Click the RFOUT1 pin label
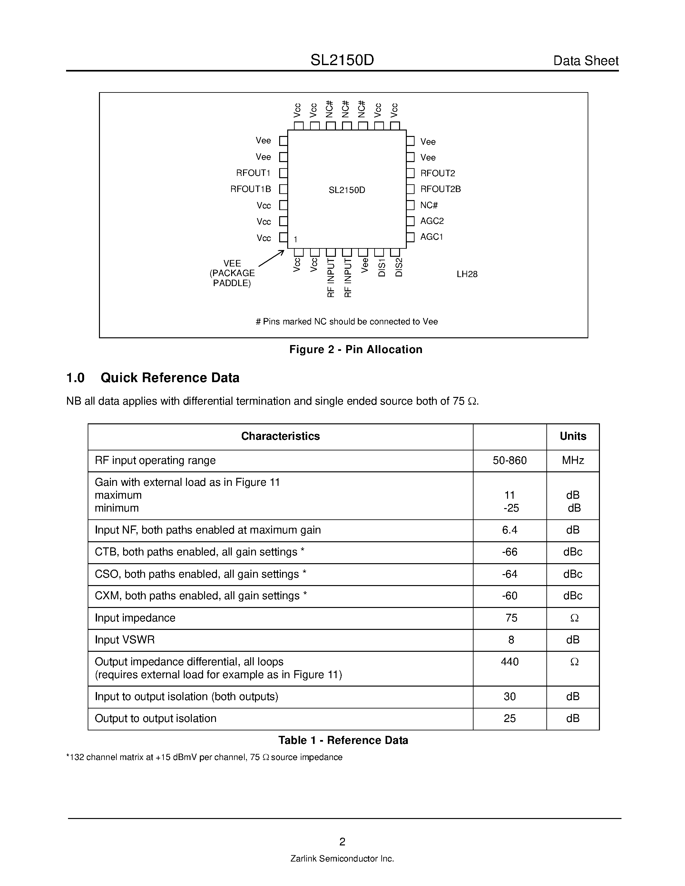click(253, 173)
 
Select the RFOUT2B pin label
click(440, 189)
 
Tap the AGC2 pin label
click(432, 221)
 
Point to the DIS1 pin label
click(381, 268)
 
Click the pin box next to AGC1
click(410, 237)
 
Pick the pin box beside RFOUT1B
click(284, 189)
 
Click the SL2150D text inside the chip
click(347, 190)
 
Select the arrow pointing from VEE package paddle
click(271, 258)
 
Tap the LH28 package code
click(467, 274)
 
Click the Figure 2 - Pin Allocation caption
click(356, 350)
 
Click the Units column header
click(572, 437)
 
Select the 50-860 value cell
click(510, 460)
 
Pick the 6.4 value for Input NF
click(510, 530)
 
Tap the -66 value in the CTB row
click(510, 552)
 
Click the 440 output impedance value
click(510, 662)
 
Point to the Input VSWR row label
click(124, 640)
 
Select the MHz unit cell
click(572, 460)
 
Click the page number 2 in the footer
click(342, 842)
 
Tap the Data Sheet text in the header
click(586, 61)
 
